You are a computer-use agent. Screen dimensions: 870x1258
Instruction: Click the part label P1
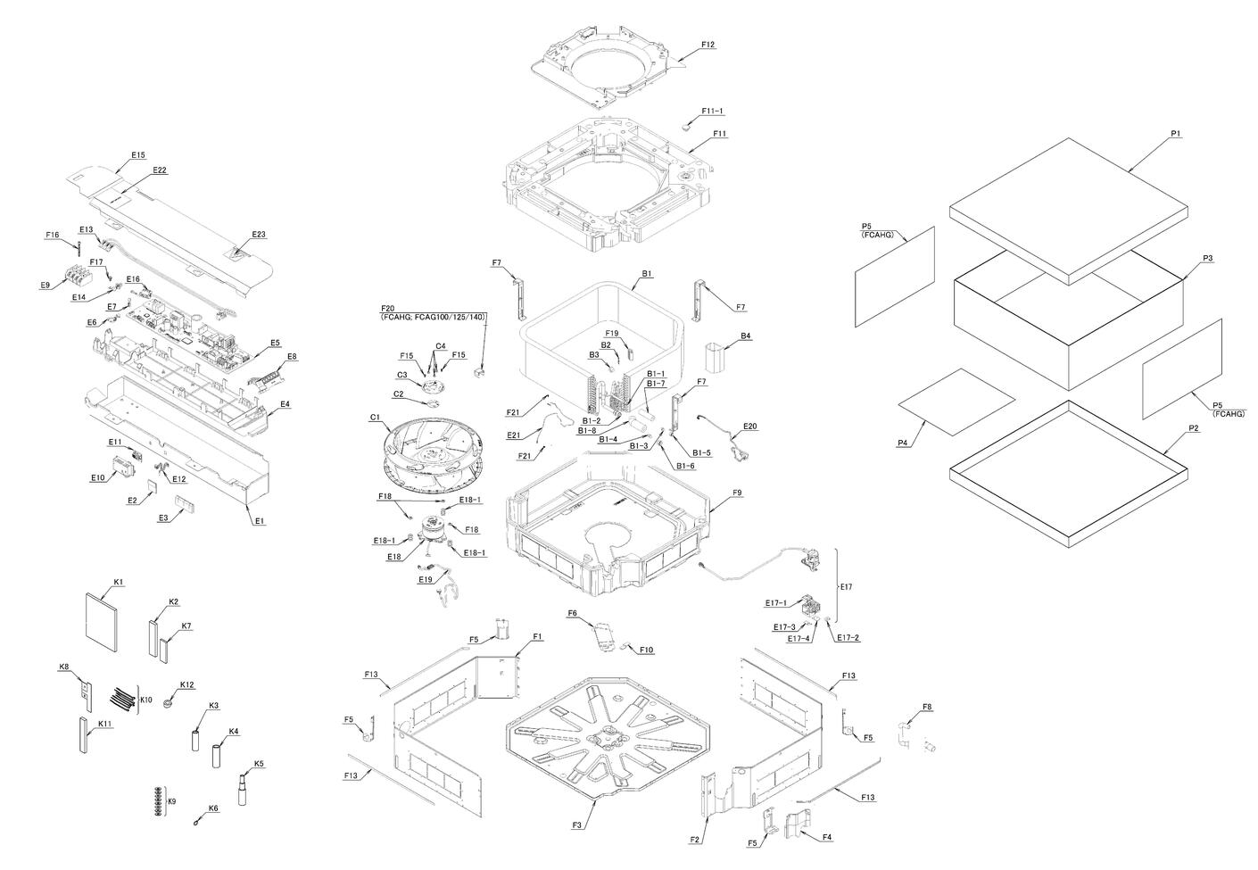(1175, 134)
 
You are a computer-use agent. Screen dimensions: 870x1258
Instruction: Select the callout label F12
(708, 45)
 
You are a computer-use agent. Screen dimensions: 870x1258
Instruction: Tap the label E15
(138, 155)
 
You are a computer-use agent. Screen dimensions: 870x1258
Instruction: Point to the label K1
(119, 582)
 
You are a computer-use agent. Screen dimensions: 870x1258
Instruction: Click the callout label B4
(745, 336)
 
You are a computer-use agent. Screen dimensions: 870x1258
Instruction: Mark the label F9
(737, 493)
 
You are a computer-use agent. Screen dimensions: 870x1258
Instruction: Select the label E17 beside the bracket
(847, 586)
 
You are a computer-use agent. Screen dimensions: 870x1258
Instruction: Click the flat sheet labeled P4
(956, 402)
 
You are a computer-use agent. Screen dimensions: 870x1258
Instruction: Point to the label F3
(576, 825)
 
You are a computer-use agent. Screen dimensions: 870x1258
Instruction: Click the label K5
(259, 763)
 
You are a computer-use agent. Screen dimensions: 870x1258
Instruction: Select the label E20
(749, 427)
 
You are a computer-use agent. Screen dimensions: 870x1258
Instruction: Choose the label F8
(927, 707)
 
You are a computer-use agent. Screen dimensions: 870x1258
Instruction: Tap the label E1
(260, 521)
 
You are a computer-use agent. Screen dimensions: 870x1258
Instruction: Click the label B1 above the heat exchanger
(648, 273)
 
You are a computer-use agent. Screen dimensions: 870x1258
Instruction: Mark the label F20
(388, 308)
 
